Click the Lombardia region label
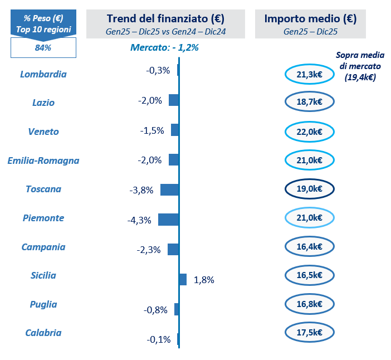click(43, 74)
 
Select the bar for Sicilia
click(183, 279)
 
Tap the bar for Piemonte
click(168, 219)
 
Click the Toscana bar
click(169, 189)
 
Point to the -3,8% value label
click(141, 190)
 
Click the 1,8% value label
click(204, 280)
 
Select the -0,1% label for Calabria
click(159, 339)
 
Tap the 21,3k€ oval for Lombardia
click(309, 74)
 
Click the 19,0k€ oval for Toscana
click(309, 189)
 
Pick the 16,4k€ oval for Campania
click(309, 246)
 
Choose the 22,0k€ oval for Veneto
click(309, 132)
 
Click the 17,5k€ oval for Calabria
click(309, 333)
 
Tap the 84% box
click(43, 48)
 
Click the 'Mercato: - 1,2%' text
click(164, 48)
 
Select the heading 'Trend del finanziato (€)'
click(165, 19)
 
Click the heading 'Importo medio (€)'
click(310, 19)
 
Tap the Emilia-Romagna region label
click(43, 160)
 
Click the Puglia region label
click(43, 304)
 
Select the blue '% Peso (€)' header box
click(43, 23)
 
